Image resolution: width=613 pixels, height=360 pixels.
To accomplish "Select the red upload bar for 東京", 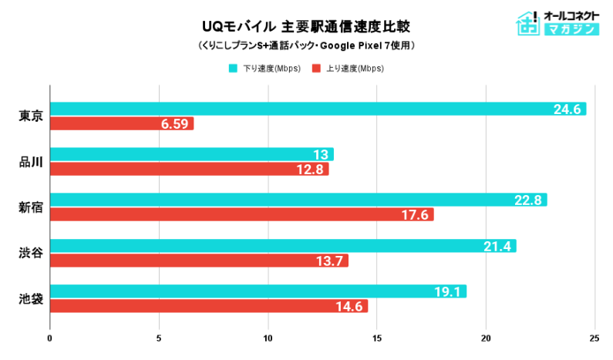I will click(x=121, y=123).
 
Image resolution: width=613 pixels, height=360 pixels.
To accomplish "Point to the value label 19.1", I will click(x=447, y=291).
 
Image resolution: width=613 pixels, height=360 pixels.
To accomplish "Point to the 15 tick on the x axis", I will click(x=376, y=338).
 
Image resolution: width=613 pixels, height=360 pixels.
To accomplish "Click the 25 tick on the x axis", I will click(x=594, y=338).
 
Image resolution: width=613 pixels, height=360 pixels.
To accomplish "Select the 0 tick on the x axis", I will click(x=50, y=338).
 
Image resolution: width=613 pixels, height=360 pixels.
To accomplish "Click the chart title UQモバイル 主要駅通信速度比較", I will click(x=306, y=26).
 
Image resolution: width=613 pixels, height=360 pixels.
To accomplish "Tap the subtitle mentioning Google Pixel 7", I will click(x=306, y=45).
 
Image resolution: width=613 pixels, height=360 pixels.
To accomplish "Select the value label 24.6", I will click(x=567, y=109).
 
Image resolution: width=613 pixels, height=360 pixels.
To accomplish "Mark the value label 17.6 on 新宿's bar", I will click(x=415, y=215).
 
